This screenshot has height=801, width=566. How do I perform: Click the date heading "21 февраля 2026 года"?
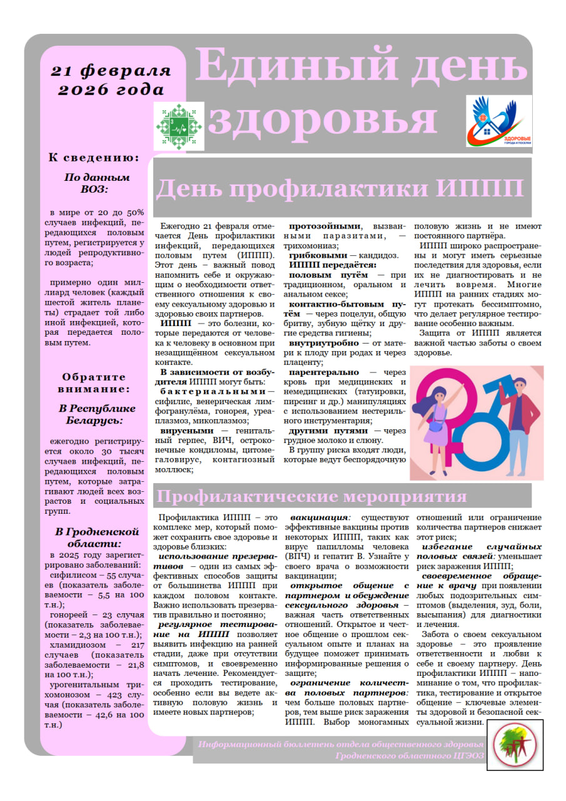coord(111,80)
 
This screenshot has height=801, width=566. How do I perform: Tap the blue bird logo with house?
coord(498,121)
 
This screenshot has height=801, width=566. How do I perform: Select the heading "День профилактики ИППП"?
coord(339,188)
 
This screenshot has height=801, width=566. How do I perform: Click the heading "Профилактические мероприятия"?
coord(311,496)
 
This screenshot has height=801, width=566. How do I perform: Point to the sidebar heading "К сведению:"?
coord(94,158)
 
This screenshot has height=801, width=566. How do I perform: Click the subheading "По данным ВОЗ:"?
coord(96,183)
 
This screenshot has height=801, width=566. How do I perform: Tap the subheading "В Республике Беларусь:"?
coord(94,414)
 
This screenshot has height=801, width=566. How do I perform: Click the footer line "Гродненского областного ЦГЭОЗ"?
coord(409,756)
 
